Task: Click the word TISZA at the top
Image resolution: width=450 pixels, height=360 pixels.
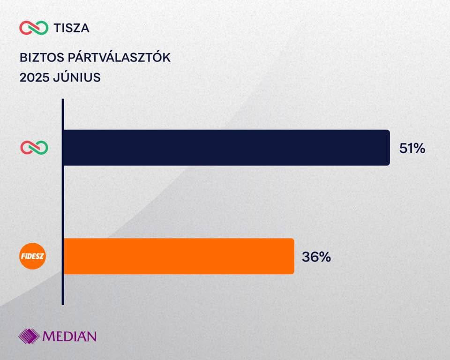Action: (72, 28)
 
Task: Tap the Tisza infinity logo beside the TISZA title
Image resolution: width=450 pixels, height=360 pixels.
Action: (34, 28)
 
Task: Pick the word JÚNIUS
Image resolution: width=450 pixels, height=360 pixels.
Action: (77, 78)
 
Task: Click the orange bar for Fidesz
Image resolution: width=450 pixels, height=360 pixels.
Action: (178, 256)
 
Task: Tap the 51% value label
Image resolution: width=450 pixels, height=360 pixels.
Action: (412, 149)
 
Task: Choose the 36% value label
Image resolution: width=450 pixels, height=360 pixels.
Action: (316, 257)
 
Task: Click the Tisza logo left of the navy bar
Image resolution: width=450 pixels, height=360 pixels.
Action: (34, 148)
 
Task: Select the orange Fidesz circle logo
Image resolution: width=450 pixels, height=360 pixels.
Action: (34, 256)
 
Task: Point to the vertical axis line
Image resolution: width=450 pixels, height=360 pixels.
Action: (63, 202)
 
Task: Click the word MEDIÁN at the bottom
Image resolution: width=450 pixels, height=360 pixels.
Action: (69, 336)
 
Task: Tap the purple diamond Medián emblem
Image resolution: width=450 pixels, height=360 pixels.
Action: (29, 336)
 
